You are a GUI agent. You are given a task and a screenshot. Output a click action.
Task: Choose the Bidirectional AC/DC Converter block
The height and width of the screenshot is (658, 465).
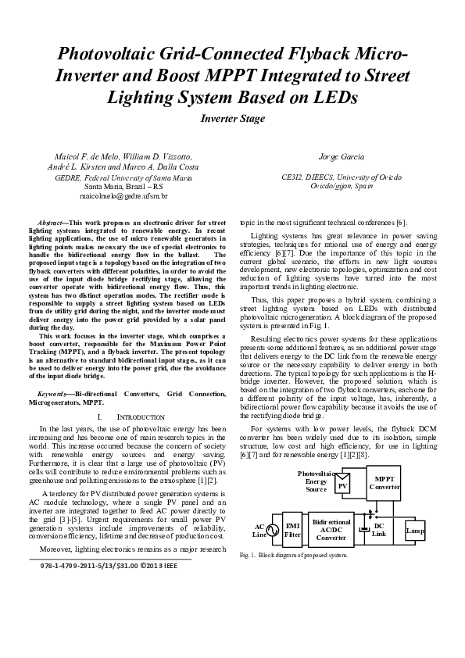tap(331, 529)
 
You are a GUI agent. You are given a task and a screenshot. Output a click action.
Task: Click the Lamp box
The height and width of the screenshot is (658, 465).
tap(415, 531)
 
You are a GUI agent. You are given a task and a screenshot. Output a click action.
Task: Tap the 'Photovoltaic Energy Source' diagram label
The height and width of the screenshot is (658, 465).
tap(316, 481)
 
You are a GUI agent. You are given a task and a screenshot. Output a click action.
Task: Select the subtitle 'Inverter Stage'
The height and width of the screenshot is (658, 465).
tap(232, 119)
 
